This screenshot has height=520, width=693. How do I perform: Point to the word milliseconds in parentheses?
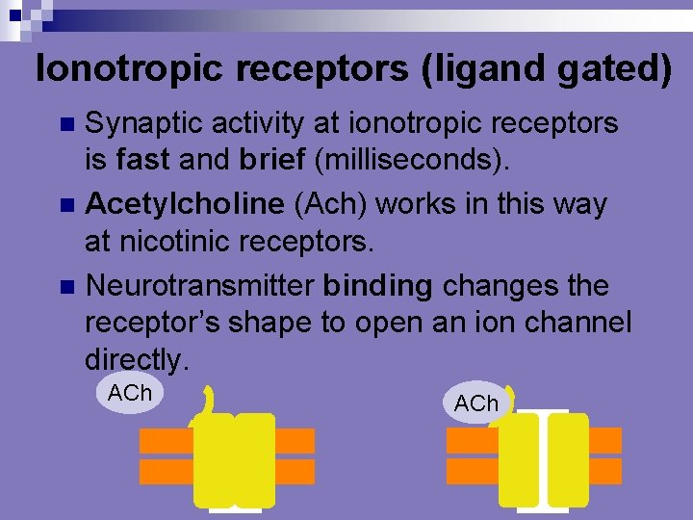click(x=398, y=162)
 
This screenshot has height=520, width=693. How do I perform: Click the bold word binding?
click(x=378, y=286)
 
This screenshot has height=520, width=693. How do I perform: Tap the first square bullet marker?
click(x=66, y=124)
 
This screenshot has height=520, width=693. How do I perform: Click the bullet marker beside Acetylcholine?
click(x=66, y=205)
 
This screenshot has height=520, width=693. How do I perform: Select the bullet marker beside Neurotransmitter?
click(x=66, y=286)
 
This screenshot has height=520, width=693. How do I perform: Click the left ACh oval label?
click(x=131, y=394)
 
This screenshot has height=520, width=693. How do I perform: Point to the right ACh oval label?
click(x=476, y=403)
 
